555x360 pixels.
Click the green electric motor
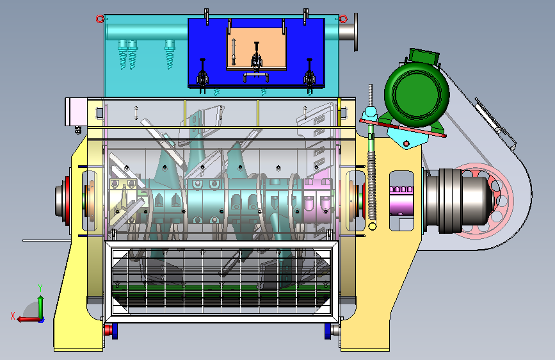point(417,94)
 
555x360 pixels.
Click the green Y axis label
point(40,288)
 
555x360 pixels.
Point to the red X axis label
point(13,316)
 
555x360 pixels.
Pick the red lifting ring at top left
point(100,19)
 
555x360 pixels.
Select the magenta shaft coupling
point(401,201)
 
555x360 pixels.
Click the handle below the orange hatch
point(256,76)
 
